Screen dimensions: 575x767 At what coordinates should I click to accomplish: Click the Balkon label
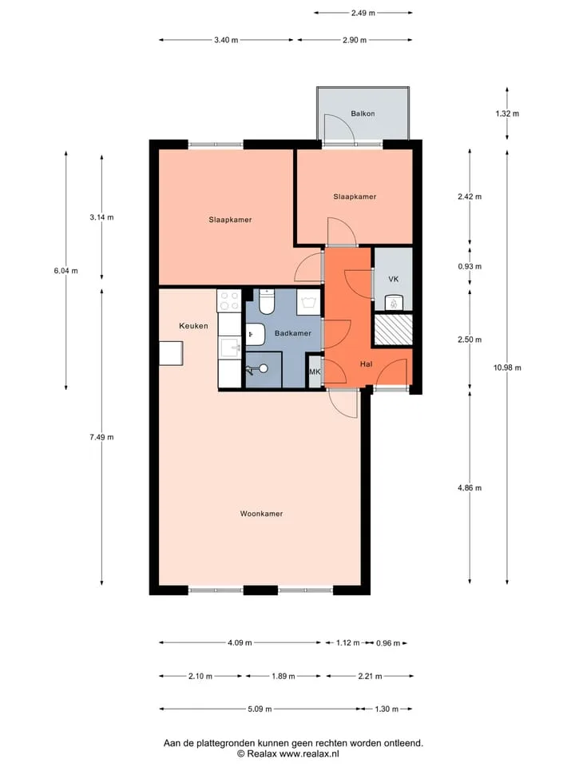pyautogui.click(x=363, y=113)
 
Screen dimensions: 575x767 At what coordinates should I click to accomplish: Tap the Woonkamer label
pyautogui.click(x=261, y=514)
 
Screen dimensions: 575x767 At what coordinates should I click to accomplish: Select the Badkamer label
pyautogui.click(x=293, y=333)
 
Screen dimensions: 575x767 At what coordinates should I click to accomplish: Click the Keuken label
pyautogui.click(x=193, y=326)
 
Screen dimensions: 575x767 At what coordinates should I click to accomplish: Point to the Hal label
pyautogui.click(x=366, y=364)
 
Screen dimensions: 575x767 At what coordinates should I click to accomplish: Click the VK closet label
pyautogui.click(x=394, y=279)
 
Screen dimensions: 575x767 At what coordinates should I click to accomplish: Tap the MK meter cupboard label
pyautogui.click(x=315, y=372)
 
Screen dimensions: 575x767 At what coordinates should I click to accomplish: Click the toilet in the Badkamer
pyautogui.click(x=268, y=302)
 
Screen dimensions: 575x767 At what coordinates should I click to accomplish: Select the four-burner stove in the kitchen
pyautogui.click(x=229, y=300)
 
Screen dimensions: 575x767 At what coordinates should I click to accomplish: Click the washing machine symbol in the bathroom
pyautogui.click(x=308, y=302)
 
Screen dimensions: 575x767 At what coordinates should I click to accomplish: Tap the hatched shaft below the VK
pyautogui.click(x=393, y=330)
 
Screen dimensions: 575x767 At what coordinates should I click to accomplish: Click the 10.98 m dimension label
pyautogui.click(x=507, y=368)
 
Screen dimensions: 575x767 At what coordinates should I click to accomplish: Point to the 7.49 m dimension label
pyautogui.click(x=101, y=437)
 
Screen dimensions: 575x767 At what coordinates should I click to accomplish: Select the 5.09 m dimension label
pyautogui.click(x=259, y=709)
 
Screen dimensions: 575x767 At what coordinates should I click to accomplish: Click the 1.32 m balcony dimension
pyautogui.click(x=507, y=113)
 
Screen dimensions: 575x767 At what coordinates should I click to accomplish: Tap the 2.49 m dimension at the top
pyautogui.click(x=363, y=14)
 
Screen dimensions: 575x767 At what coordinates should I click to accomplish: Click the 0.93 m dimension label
pyautogui.click(x=470, y=267)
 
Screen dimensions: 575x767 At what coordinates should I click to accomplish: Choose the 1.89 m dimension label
pyautogui.click(x=283, y=676)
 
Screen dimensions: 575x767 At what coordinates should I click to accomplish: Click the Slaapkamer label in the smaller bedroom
pyautogui.click(x=355, y=197)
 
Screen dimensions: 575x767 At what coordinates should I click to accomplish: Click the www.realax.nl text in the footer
pyautogui.click(x=309, y=753)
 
